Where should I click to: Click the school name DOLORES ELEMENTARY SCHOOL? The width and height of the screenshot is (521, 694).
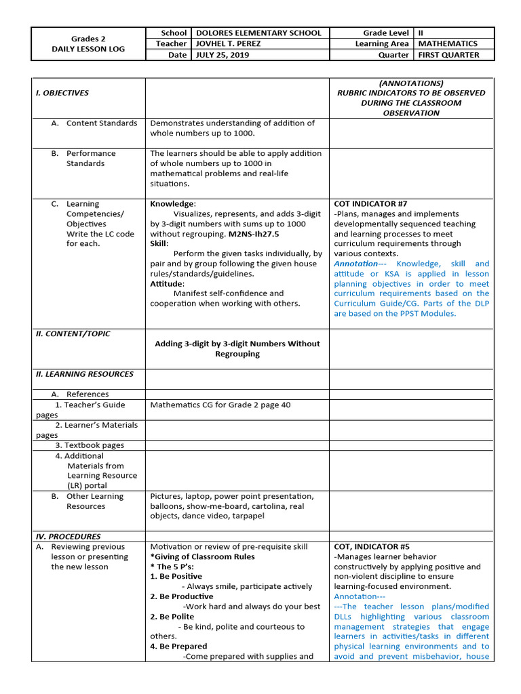[258, 33]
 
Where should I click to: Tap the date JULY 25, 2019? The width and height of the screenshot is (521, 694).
[222, 55]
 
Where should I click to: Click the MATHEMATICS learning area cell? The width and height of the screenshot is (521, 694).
[448, 43]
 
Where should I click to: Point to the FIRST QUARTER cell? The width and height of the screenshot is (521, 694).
[448, 55]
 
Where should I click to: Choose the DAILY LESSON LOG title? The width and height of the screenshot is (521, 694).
[89, 49]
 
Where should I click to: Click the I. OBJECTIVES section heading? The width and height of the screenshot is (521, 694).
[62, 93]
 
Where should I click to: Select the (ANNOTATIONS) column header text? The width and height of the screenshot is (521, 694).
[412, 83]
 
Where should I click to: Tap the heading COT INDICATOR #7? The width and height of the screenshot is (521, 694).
[370, 204]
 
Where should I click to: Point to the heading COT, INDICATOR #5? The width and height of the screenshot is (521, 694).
[372, 546]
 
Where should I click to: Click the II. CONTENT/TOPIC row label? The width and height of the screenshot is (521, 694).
[73, 333]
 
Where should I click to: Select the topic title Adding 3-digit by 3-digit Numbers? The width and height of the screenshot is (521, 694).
[237, 344]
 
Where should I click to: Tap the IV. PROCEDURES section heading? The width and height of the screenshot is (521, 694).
[68, 536]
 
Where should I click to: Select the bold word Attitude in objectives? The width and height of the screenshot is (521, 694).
[167, 283]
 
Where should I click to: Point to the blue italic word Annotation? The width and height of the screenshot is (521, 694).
[355, 264]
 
